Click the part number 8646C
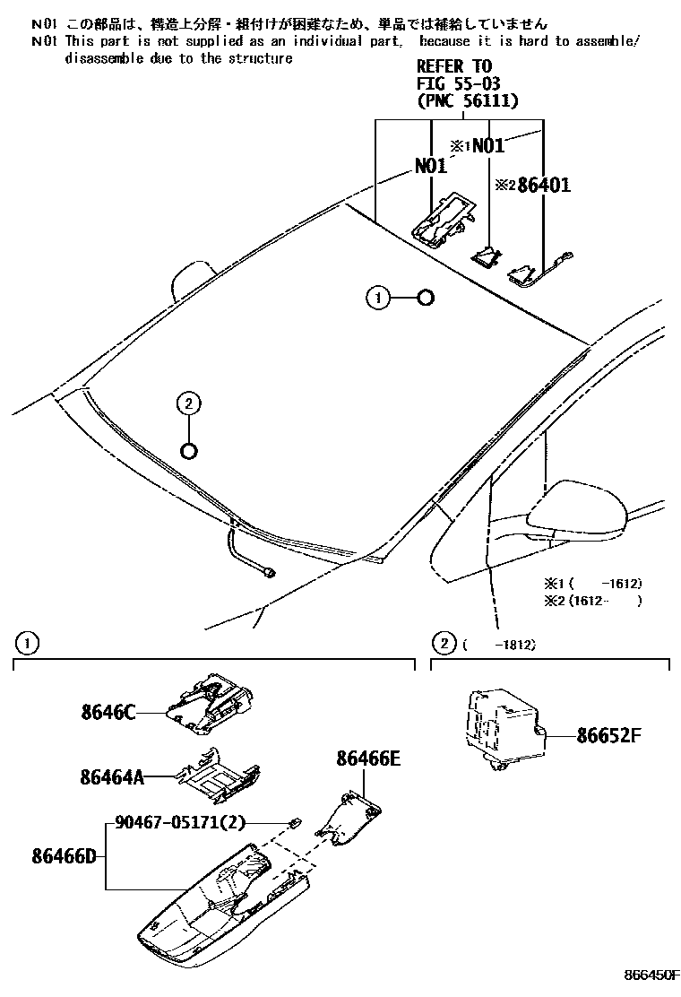[108, 713]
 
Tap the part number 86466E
[368, 759]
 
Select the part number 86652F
[609, 736]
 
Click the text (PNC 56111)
[468, 101]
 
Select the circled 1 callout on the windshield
[378, 298]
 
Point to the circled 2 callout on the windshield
[188, 404]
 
